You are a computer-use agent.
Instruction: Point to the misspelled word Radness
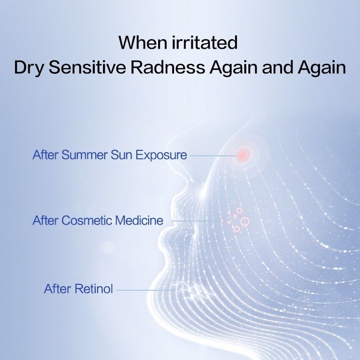tap(168, 67)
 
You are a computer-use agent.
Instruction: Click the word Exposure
tap(159, 155)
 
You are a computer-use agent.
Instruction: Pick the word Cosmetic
tap(86, 221)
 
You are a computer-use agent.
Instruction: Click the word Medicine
tap(139, 221)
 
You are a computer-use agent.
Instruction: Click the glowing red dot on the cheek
tap(243, 155)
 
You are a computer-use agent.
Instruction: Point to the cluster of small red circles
tap(238, 220)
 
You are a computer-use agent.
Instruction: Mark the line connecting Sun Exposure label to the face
tap(212, 155)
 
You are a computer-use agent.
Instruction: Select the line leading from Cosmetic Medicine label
tap(196, 221)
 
